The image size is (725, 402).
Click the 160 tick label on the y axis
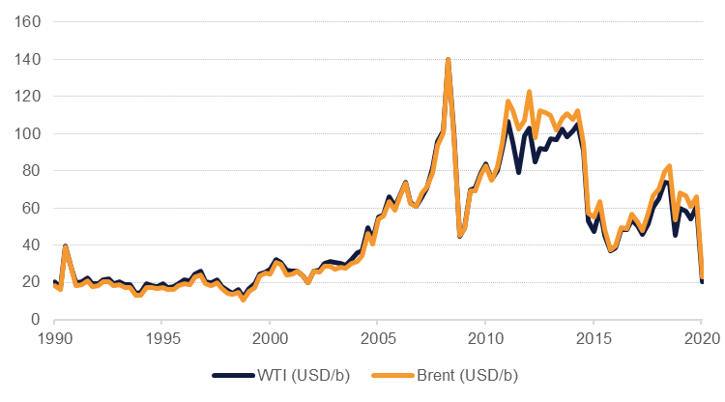[x=27, y=22]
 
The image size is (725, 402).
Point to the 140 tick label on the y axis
[x=27, y=60]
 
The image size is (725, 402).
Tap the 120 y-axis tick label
[x=27, y=97]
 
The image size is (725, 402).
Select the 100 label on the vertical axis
[x=27, y=133]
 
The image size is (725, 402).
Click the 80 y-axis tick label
[x=31, y=171]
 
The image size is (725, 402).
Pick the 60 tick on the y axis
[x=31, y=208]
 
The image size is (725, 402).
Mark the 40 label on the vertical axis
[x=31, y=245]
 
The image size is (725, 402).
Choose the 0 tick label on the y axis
[x=35, y=320]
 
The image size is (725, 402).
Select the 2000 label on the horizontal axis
[x=270, y=339]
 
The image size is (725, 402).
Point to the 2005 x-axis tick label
[x=377, y=339]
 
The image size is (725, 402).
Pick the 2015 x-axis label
[x=593, y=339]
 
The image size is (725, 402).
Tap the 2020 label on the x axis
[x=700, y=339]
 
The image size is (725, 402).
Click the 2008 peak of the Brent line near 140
[x=449, y=60]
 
